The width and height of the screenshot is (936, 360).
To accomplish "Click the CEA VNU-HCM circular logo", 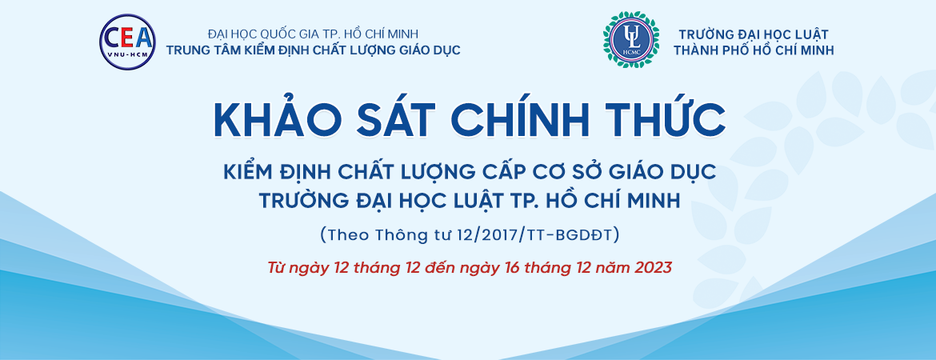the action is coord(127,42).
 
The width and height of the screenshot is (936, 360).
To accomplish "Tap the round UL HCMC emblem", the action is coord(631,39).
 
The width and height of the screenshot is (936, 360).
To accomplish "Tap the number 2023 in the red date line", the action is coord(652,267).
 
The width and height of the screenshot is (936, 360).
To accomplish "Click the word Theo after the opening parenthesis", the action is coord(350,236).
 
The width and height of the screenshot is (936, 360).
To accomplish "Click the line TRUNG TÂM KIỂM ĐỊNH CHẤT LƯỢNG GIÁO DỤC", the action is coord(314,50).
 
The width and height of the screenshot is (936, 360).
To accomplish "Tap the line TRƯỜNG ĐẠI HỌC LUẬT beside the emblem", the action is coord(754,34).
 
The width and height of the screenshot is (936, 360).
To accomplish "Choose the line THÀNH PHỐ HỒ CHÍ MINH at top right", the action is coord(754,50).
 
